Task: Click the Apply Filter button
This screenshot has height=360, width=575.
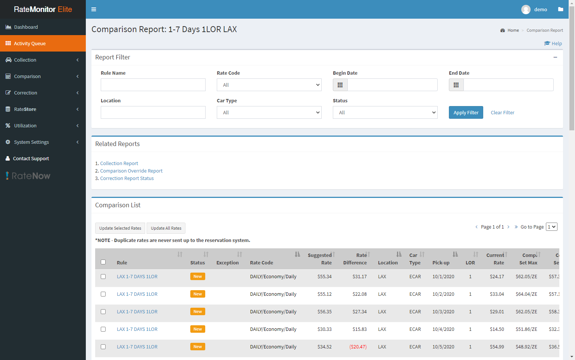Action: [x=466, y=112]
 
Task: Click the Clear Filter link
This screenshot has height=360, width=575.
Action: [x=502, y=112]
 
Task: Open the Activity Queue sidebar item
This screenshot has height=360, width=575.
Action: [x=30, y=43]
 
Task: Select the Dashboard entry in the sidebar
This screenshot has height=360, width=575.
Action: [x=26, y=27]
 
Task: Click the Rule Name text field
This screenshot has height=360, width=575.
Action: [x=153, y=85]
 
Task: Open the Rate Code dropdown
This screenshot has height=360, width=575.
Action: [x=269, y=85]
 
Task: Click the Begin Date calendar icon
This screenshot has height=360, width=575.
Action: [x=340, y=85]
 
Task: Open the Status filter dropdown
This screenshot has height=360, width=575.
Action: [x=385, y=112]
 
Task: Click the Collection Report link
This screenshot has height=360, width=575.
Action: [x=119, y=163]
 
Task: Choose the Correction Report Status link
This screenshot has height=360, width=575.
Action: [x=127, y=178]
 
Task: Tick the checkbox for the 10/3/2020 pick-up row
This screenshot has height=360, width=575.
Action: [x=103, y=311]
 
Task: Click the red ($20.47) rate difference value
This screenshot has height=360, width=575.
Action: [x=358, y=347]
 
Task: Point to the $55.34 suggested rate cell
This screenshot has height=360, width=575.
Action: [x=324, y=276]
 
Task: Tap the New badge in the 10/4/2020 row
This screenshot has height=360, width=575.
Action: [x=197, y=329]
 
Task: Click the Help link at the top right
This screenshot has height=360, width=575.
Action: [x=553, y=43]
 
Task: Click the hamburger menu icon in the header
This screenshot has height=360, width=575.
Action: [x=94, y=9]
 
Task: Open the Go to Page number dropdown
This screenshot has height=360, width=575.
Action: [x=551, y=227]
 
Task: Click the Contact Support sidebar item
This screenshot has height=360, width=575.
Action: [x=31, y=158]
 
